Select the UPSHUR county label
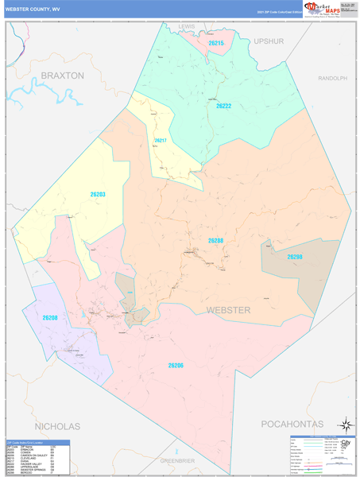tap(269, 41)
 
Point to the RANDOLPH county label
tap(332, 79)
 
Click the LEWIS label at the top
tap(187, 26)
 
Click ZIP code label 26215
tap(216, 43)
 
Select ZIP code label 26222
tap(223, 106)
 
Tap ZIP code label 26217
tap(161, 141)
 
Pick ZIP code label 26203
tap(97, 195)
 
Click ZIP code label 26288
tap(215, 240)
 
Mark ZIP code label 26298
tap(295, 257)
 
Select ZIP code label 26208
tap(50, 318)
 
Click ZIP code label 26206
tap(176, 365)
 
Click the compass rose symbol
tap(344, 425)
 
